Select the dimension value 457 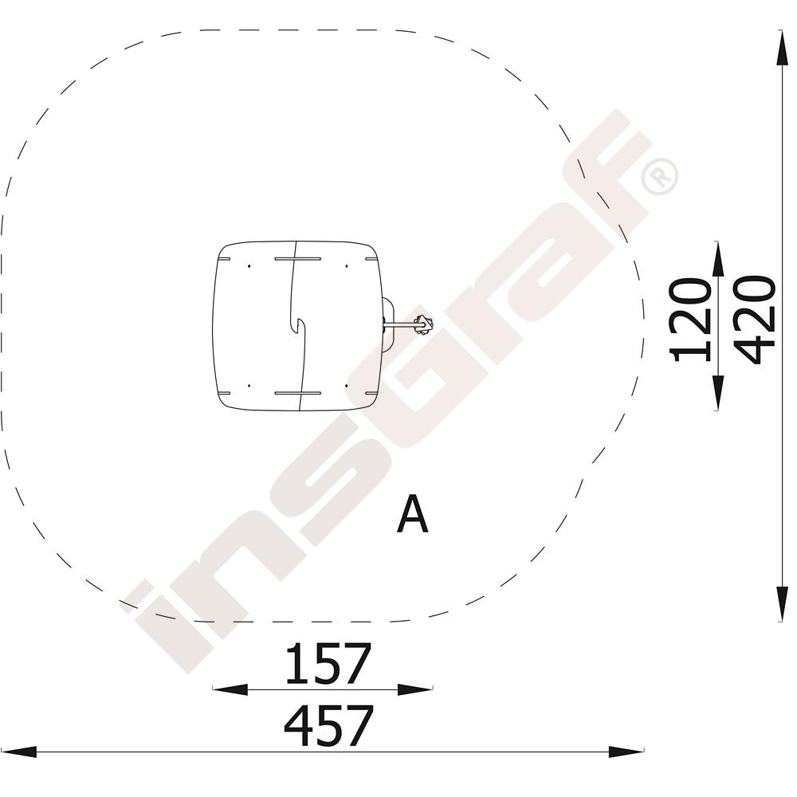click(x=329, y=725)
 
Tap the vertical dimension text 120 click(x=691, y=320)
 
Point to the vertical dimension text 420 click(x=755, y=320)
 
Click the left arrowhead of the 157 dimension click(x=230, y=689)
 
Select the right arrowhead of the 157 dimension click(x=415, y=689)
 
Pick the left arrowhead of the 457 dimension click(x=19, y=752)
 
